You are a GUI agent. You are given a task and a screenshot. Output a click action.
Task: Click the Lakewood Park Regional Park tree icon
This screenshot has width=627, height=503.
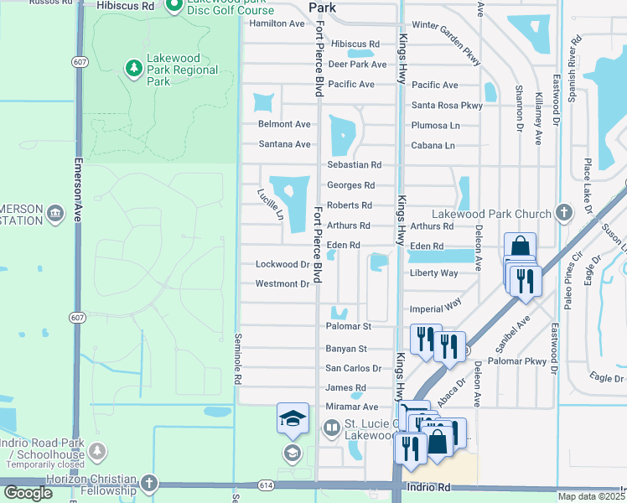pyautogui.click(x=132, y=66)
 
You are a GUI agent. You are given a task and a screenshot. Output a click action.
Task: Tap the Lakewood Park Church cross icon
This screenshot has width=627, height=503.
pyautogui.click(x=563, y=214)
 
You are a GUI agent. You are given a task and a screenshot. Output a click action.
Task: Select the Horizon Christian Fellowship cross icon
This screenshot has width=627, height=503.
pyautogui.click(x=149, y=483)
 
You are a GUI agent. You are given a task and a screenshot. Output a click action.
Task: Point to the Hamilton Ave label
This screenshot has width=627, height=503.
pyautogui.click(x=277, y=24)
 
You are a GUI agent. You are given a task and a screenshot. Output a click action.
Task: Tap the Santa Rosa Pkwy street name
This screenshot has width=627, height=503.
pyautogui.click(x=447, y=106)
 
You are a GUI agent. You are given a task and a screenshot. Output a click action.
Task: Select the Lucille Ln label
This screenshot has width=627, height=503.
pyautogui.click(x=271, y=205)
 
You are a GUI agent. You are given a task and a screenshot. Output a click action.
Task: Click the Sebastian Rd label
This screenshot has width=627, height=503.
pyautogui.click(x=354, y=165)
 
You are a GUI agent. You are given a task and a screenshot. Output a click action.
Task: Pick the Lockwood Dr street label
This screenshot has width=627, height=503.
pyautogui.click(x=282, y=264)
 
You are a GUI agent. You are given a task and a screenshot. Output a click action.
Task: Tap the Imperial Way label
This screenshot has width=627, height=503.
pyautogui.click(x=435, y=308)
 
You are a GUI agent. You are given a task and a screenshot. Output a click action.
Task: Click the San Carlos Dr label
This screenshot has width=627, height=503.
pyautogui.click(x=353, y=369)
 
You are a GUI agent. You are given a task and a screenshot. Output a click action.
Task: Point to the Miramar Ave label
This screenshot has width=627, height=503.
pyautogui.click(x=352, y=407)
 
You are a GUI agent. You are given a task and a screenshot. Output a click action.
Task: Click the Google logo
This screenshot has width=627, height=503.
pyautogui.click(x=28, y=494)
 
